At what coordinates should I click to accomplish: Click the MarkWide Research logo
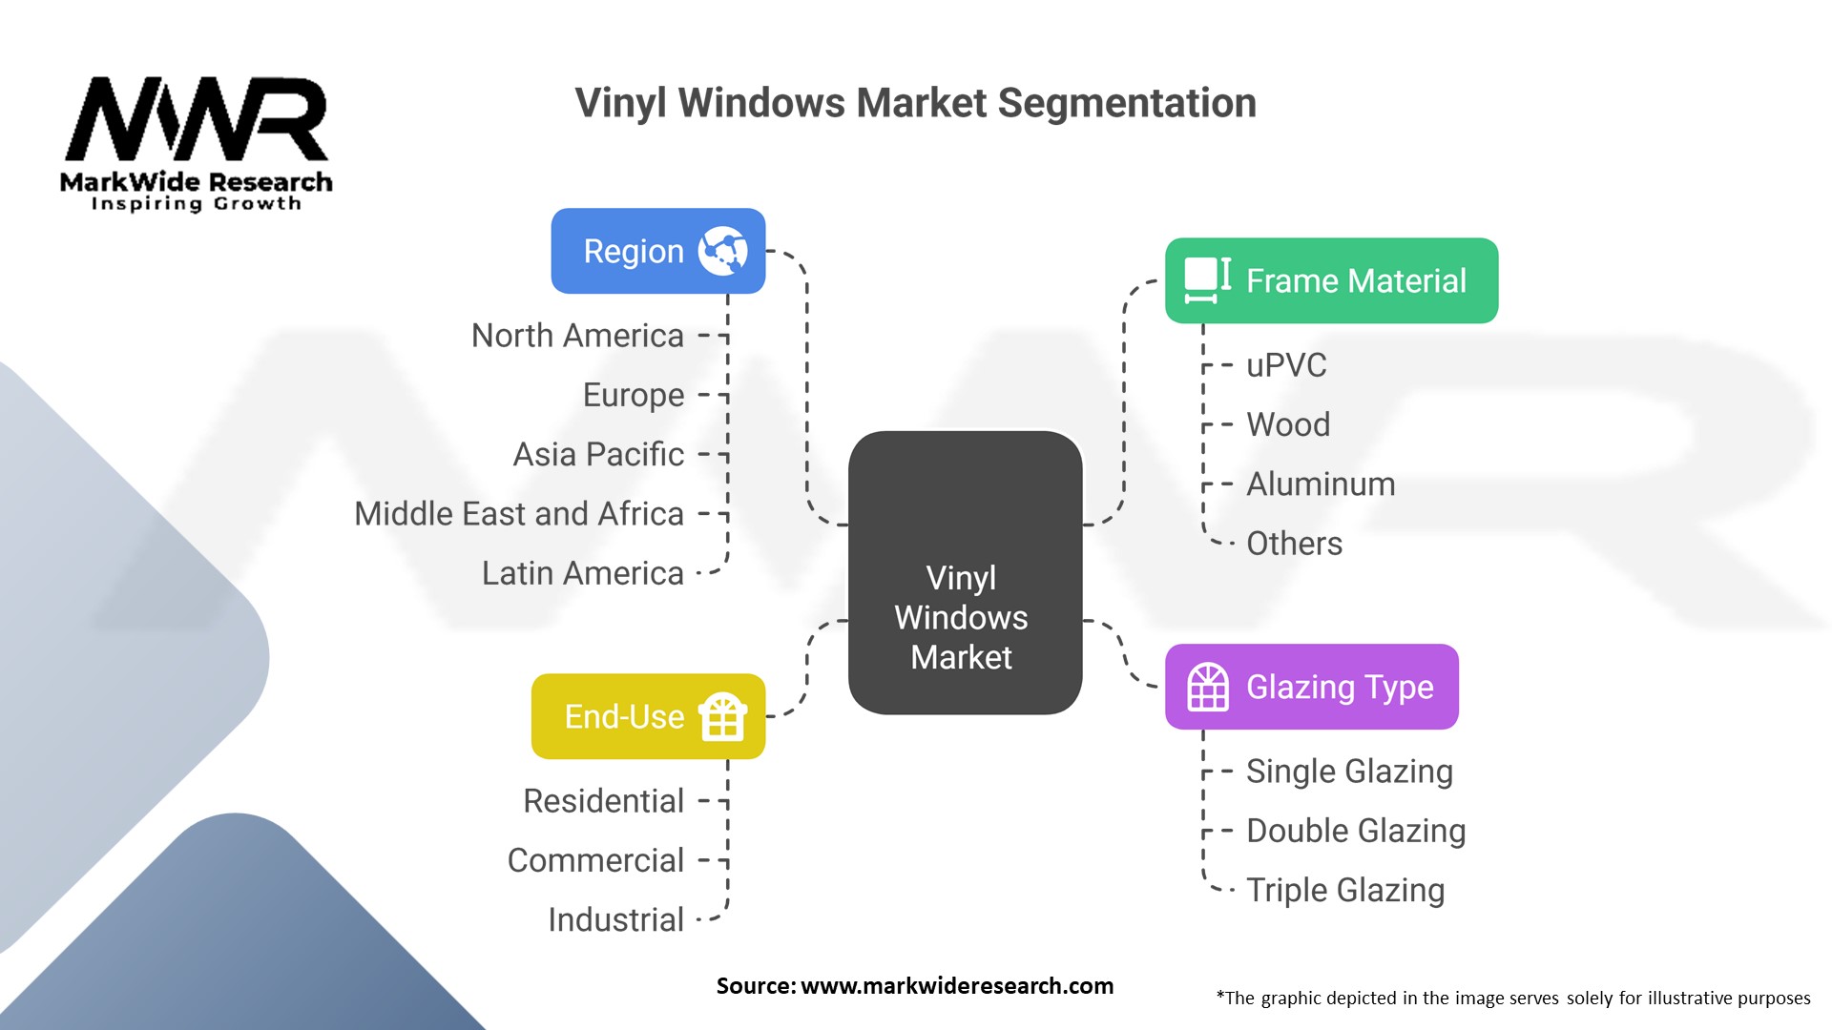tap(197, 143)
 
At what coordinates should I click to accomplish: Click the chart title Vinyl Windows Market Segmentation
tap(915, 104)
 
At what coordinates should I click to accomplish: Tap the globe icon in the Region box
tap(722, 251)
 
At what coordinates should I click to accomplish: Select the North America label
tap(577, 336)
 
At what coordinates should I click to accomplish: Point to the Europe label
tap(634, 395)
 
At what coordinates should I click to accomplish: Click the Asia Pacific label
tap(598, 454)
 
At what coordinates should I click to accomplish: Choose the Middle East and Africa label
tap(519, 514)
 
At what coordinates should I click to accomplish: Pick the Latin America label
tap(583, 573)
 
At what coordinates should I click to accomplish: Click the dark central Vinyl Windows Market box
tap(965, 572)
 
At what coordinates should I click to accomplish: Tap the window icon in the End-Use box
tap(722, 716)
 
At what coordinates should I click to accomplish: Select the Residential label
tap(604, 801)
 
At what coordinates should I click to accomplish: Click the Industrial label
tap(615, 920)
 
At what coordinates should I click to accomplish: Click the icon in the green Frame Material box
tap(1208, 280)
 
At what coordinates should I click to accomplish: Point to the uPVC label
tap(1286, 365)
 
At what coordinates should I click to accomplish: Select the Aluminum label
tap(1321, 484)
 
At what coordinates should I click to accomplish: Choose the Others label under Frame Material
tap(1294, 544)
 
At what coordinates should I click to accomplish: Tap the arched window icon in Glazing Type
tap(1208, 687)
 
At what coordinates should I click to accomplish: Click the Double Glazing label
tap(1356, 831)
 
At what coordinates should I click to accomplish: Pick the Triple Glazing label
tap(1345, 891)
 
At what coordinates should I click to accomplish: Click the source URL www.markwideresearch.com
tap(957, 986)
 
